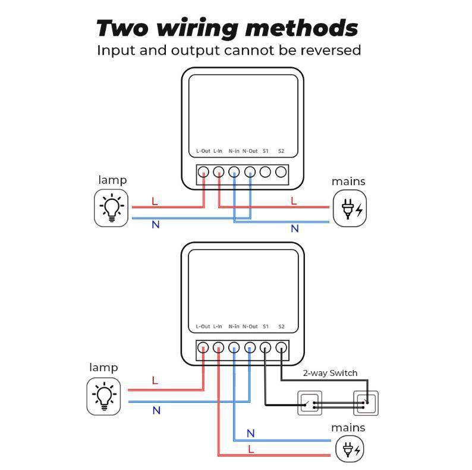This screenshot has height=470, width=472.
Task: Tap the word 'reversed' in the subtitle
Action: click(331, 50)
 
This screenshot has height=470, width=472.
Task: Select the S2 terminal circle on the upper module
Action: click(281, 172)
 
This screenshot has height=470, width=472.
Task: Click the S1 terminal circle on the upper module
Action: click(265, 172)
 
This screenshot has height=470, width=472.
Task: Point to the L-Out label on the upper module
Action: click(203, 151)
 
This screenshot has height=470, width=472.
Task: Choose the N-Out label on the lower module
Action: click(250, 326)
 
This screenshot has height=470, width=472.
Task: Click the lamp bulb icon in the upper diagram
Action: click(111, 208)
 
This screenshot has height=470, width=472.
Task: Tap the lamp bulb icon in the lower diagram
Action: click(104, 396)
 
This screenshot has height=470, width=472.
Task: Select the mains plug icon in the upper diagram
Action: click(350, 208)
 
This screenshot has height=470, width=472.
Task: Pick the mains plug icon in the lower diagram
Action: click(350, 449)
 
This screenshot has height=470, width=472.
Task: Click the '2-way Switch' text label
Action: click(330, 373)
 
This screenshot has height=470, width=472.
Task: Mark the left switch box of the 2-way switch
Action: click(310, 403)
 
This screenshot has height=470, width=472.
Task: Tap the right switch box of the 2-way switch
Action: click(366, 403)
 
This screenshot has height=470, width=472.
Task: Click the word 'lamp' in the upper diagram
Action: click(112, 180)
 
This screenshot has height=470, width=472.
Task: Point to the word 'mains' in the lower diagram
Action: click(348, 428)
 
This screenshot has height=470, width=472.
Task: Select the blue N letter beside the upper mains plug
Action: click(295, 228)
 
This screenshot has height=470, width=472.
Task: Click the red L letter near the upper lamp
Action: click(155, 201)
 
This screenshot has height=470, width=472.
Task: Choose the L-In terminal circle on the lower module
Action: click(219, 347)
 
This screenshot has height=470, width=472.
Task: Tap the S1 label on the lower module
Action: click(266, 326)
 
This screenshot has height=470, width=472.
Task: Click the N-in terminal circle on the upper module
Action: click(234, 172)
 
